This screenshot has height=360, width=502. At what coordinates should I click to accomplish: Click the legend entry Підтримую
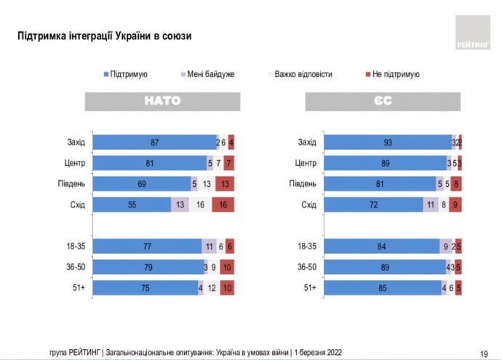[129, 74]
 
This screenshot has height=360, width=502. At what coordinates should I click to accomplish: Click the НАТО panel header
[163, 101]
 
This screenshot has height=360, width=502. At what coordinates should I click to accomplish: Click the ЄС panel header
[383, 101]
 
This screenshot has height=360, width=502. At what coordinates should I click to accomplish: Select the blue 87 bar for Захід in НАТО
[154, 143]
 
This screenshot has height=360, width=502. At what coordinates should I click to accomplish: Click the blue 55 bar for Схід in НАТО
[132, 204]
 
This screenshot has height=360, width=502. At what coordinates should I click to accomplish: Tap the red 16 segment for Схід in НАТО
[223, 204]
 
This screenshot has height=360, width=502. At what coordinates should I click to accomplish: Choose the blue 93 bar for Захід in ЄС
[387, 143]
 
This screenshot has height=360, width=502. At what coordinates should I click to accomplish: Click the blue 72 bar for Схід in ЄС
[372, 204]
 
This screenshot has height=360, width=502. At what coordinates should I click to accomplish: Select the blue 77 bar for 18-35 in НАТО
[148, 247]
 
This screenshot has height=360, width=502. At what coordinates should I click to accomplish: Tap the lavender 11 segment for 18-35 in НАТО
[210, 247]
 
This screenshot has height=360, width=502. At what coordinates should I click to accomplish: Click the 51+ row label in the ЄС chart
[308, 287]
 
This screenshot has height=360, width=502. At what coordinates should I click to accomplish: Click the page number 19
[484, 352]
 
